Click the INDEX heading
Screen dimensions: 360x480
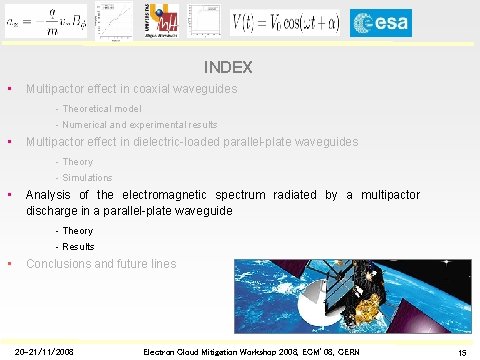click(227, 68)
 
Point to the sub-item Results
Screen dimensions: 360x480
click(78, 246)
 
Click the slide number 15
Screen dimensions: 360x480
click(462, 352)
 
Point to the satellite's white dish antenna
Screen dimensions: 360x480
click(318, 301)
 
